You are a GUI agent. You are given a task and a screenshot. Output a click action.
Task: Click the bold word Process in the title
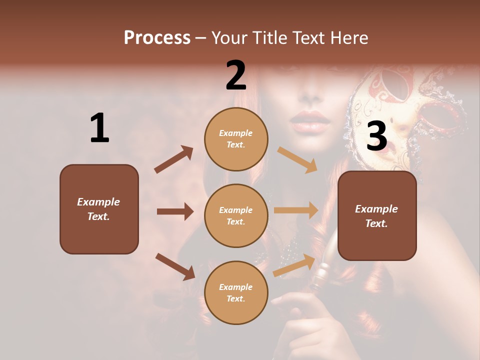[x=157, y=37]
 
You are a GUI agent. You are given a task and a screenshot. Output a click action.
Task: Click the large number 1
[x=99, y=128]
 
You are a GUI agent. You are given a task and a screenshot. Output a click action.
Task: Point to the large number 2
[x=236, y=75]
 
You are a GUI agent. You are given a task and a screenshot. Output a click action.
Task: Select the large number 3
[x=376, y=136]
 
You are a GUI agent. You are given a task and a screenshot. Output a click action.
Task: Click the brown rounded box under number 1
[x=99, y=209]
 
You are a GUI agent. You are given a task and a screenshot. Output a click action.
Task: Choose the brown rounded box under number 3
[x=377, y=215]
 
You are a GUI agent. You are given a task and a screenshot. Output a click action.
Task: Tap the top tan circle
[x=236, y=139]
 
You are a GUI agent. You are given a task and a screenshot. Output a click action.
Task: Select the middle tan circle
[x=236, y=215]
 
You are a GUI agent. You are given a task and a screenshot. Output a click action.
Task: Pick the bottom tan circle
[x=236, y=292]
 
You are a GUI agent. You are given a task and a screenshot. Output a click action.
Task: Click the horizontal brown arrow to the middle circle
[x=175, y=211]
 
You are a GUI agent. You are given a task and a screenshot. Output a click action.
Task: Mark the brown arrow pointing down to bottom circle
[x=175, y=266]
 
